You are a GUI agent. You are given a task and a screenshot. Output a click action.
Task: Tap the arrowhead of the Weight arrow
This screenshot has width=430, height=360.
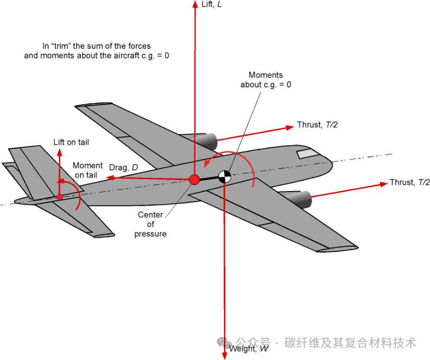(x=224, y=356)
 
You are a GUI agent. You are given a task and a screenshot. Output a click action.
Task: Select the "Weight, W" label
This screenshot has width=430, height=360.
(x=249, y=349)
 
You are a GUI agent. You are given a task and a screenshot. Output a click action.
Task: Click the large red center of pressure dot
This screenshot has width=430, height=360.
(x=194, y=180)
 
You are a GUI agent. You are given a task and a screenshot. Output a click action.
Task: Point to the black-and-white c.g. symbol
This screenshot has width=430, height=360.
(x=224, y=177)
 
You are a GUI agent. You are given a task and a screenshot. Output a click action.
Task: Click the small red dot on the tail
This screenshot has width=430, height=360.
(x=59, y=196)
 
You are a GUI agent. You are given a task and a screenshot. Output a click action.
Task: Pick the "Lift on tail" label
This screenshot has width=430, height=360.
(x=71, y=142)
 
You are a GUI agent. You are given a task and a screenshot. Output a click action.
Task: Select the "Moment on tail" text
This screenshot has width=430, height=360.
(x=88, y=170)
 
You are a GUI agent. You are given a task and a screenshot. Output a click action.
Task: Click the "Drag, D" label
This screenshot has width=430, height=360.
(x=124, y=167)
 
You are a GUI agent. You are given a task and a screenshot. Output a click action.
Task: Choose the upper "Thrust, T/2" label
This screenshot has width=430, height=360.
(x=317, y=125)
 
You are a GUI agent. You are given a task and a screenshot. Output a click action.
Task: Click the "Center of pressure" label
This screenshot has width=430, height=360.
(x=151, y=224)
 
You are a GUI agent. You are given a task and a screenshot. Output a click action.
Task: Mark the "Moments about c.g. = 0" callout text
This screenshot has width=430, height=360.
(x=265, y=80)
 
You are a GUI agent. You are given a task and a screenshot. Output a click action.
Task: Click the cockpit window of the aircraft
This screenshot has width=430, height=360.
(x=305, y=154)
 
